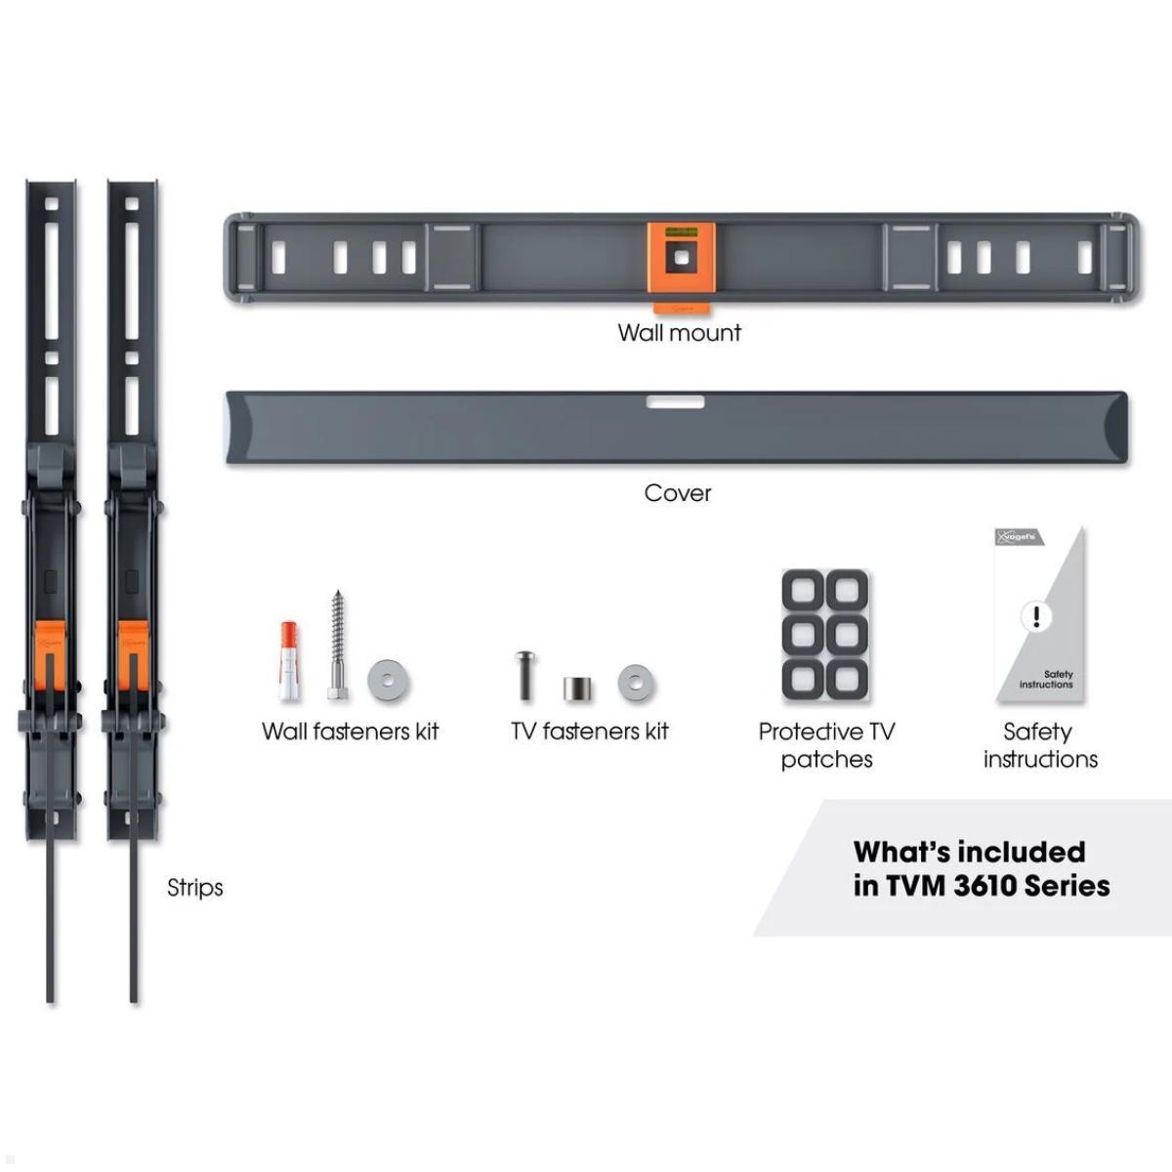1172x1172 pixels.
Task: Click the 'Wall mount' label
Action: pyautogui.click(x=680, y=333)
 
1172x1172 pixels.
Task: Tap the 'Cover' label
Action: pyautogui.click(x=678, y=493)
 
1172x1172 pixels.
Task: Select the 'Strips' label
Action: pyautogui.click(x=195, y=888)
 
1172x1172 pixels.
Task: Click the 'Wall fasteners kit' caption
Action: pyautogui.click(x=351, y=732)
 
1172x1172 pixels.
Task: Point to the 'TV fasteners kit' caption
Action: pyautogui.click(x=590, y=732)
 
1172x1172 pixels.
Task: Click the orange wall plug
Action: pyautogui.click(x=289, y=659)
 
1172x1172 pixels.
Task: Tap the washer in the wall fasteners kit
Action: pyautogui.click(x=389, y=681)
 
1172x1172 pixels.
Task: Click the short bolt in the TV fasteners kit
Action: pyautogui.click(x=525, y=675)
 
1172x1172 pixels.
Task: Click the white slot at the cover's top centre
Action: pyautogui.click(x=675, y=401)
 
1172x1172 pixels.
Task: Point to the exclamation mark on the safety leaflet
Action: pyautogui.click(x=1035, y=616)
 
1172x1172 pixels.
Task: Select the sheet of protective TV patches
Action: pyautogui.click(x=825, y=635)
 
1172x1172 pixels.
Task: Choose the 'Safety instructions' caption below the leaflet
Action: pyautogui.click(x=1040, y=745)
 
